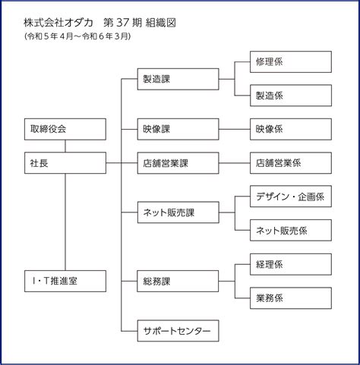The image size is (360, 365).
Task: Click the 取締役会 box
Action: coord(65,129)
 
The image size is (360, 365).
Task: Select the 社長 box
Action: coord(65,163)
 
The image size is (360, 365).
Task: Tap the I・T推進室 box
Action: coord(65,281)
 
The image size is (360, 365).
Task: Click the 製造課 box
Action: coord(178,79)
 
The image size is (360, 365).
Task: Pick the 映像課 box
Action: coord(178,129)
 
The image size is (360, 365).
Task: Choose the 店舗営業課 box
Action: coord(178,163)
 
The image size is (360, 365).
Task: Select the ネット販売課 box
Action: coord(178,212)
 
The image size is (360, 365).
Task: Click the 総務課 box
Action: coord(178,281)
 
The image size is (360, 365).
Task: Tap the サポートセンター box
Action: coord(178,331)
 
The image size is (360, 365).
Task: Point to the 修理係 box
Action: coord(291,61)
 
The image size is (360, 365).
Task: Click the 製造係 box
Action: coord(291,96)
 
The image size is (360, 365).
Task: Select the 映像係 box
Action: coord(291,129)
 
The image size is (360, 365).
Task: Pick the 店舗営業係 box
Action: coord(291,163)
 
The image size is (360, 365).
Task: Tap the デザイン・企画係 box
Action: coord(291,197)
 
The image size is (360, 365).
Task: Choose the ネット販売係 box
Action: coord(291,230)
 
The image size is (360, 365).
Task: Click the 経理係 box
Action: coord(291,264)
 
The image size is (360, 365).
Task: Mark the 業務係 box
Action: coord(291,298)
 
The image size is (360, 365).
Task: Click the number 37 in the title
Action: coord(123,23)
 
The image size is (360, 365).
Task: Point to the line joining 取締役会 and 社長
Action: coord(65,146)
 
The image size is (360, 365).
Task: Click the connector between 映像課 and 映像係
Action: coord(235,129)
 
